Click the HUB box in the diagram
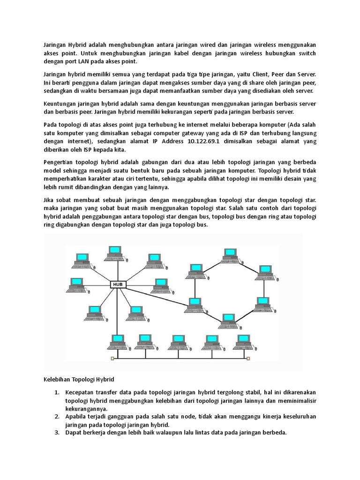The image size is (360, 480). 117,284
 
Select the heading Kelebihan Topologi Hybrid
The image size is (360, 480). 75,378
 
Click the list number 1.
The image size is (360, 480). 56,391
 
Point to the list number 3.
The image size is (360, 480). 56,433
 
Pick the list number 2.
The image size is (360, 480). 56,416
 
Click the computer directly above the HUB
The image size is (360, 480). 114,253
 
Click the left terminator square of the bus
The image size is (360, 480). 112,359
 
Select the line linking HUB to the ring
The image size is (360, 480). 155,295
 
